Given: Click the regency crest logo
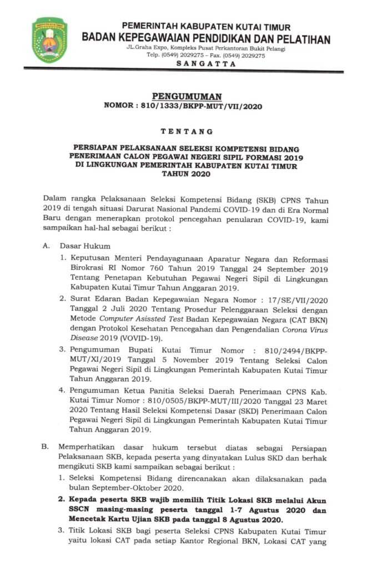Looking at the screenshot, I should click(x=49, y=40).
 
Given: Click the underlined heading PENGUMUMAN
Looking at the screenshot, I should click(x=183, y=96).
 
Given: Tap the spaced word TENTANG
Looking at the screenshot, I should click(x=183, y=131).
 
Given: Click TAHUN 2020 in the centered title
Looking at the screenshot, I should click(x=183, y=174).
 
